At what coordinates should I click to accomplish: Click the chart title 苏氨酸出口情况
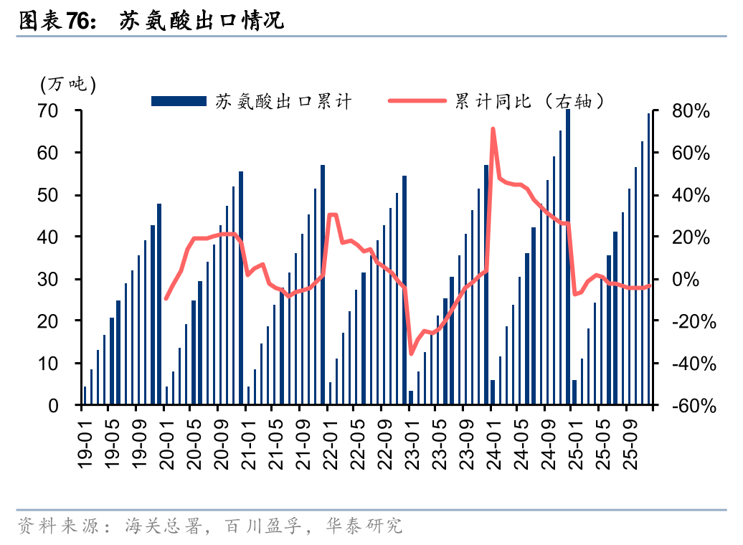(202, 22)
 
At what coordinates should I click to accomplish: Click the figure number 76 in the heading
(77, 22)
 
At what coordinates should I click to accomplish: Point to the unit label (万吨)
(68, 85)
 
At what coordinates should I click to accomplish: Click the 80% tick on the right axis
(691, 111)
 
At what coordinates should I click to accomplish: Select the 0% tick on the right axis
(695, 280)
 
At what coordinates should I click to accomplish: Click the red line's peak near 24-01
(493, 130)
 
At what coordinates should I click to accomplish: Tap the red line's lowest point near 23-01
(411, 353)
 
